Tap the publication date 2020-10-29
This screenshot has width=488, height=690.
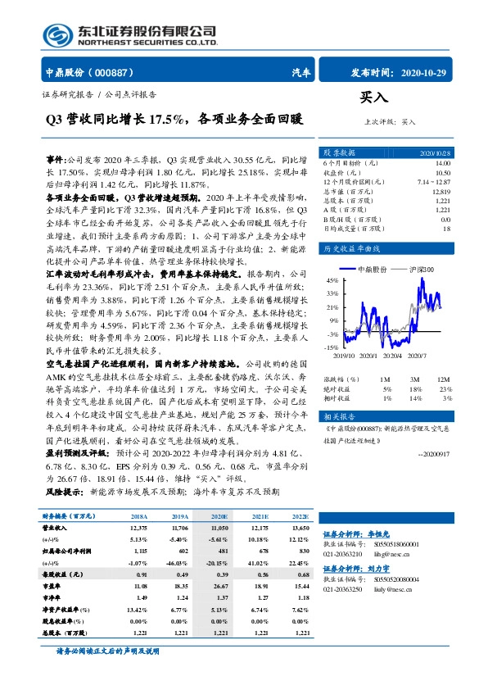(425, 72)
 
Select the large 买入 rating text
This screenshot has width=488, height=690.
(373, 98)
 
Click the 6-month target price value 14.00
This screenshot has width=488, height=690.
(443, 164)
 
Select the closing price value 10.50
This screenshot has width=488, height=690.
(443, 173)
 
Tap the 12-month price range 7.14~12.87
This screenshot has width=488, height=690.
(435, 182)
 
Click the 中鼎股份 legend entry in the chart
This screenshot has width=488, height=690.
(372, 269)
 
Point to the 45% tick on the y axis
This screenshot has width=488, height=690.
(332, 280)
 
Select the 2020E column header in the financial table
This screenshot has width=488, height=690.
(219, 516)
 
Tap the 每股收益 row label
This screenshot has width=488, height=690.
(60, 575)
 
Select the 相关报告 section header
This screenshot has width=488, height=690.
(338, 415)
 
